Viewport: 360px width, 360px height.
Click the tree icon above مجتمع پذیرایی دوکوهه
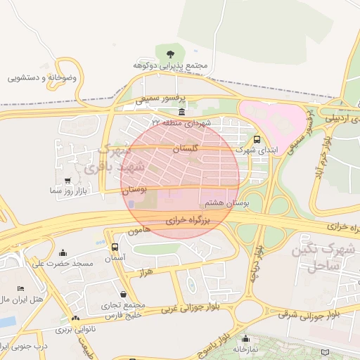click(x=169, y=53)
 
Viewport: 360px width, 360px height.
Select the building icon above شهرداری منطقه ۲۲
click(x=181, y=112)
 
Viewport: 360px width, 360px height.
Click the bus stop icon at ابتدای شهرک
click(x=257, y=139)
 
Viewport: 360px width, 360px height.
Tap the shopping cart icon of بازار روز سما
click(x=67, y=181)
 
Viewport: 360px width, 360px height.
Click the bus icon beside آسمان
click(x=115, y=247)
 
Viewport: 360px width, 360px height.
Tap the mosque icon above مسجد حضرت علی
click(x=64, y=252)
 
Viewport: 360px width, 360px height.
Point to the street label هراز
click(x=146, y=271)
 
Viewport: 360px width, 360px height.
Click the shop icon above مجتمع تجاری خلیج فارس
click(x=124, y=295)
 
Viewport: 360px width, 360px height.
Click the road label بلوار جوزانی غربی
click(x=191, y=308)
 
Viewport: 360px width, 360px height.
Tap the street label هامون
click(x=140, y=231)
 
